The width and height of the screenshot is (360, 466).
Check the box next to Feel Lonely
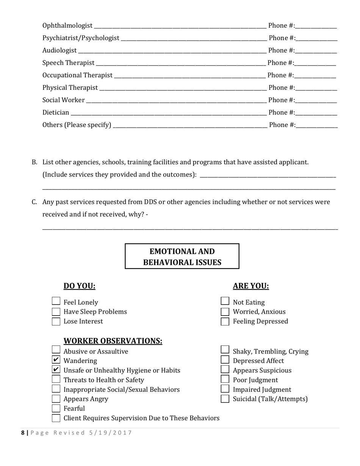56,302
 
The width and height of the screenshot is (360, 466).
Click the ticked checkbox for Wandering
56,360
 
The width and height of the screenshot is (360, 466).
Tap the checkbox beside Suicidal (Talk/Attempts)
225,399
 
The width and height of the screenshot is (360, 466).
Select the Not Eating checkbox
225,302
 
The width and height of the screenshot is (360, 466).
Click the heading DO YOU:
79,286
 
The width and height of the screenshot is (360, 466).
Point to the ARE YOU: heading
251,286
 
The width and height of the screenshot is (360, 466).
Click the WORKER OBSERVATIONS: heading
113,341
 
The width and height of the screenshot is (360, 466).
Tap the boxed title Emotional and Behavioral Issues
182,256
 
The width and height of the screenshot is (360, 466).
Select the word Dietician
56,113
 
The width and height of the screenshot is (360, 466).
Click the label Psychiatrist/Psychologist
81,38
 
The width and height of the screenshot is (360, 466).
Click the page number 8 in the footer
23,433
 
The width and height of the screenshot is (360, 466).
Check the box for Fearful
56,408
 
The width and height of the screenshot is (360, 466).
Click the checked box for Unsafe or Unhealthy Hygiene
56,370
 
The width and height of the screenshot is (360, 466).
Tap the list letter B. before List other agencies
34,162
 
